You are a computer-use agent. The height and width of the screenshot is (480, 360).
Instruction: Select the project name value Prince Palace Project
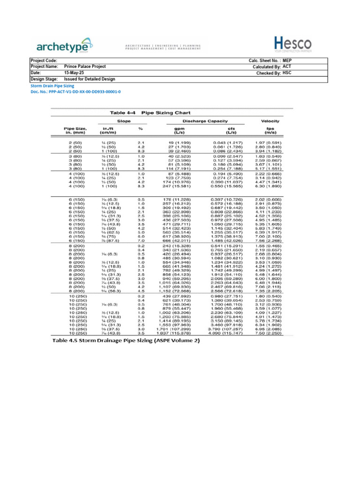tap(85, 67)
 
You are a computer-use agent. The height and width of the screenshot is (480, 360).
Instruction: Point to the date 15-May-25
tap(75, 73)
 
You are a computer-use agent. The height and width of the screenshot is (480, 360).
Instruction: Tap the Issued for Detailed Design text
tap(90, 79)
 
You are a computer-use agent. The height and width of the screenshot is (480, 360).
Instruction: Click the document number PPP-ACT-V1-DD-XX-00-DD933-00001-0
tap(75, 92)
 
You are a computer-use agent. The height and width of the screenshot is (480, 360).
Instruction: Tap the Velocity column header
tap(270, 121)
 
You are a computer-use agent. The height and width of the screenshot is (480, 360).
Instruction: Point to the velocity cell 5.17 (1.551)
tap(271, 168)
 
